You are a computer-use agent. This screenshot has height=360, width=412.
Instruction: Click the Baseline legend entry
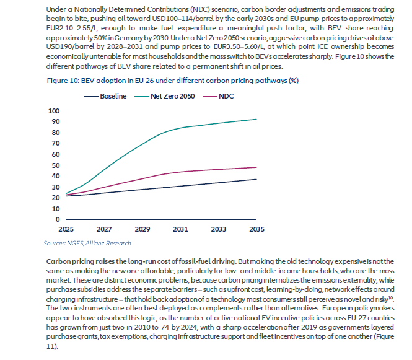click(x=105, y=96)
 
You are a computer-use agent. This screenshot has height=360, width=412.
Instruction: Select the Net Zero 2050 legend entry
click(x=164, y=96)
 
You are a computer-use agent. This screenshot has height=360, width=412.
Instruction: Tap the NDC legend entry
click(x=218, y=96)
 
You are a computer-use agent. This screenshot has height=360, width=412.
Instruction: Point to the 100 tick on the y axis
click(x=54, y=111)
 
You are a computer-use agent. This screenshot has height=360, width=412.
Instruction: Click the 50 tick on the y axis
click(x=56, y=165)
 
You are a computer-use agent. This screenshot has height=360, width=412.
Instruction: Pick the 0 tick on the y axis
click(x=58, y=219)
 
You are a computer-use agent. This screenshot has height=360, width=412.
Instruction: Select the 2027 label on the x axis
click(x=104, y=229)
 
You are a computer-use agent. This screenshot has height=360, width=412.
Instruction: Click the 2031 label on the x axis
click(x=180, y=229)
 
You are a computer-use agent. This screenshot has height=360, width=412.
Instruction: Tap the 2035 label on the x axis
click(x=256, y=229)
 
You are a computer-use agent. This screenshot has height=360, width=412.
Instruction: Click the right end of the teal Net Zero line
click(x=256, y=120)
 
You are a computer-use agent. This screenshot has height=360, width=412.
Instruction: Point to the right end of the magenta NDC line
click(x=256, y=167)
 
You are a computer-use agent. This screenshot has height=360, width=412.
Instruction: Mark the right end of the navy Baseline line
click(x=256, y=179)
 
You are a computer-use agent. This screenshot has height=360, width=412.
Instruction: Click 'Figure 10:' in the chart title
click(x=63, y=81)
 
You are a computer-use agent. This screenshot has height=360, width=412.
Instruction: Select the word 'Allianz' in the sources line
click(x=95, y=244)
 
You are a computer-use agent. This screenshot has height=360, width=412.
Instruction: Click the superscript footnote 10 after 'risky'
click(x=390, y=297)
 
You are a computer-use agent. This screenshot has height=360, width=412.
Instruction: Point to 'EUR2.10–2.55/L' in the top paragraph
click(x=71, y=28)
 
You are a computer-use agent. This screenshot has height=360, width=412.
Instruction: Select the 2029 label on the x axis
click(x=142, y=229)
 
